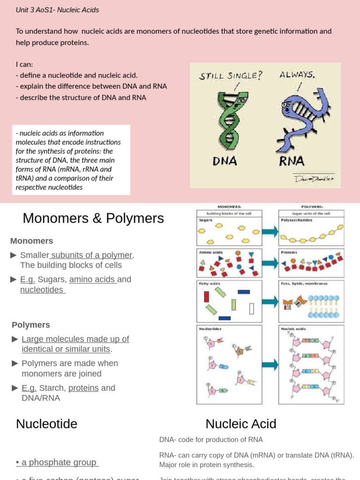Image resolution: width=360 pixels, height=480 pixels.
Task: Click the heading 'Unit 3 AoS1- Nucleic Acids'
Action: [x=57, y=10]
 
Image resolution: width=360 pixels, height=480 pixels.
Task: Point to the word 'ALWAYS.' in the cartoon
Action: [x=297, y=74]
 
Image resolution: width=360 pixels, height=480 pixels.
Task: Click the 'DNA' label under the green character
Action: [x=225, y=161]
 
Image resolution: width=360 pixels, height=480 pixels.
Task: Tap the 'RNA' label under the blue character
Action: [x=292, y=161]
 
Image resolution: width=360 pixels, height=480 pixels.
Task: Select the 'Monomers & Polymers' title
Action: [x=93, y=218]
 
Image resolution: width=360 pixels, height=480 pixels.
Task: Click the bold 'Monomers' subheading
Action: [x=31, y=241]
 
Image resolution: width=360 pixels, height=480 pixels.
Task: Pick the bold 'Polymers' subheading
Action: [x=30, y=325]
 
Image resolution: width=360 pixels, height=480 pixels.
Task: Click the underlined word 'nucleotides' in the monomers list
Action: [x=42, y=290]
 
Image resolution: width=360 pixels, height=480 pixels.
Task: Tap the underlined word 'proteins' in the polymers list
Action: [x=83, y=388]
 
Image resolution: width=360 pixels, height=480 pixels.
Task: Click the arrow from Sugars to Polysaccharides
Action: [x=270, y=231]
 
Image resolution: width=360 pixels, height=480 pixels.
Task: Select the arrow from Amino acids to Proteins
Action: [x=270, y=263]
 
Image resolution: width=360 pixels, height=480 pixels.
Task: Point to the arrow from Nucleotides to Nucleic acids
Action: [x=270, y=364]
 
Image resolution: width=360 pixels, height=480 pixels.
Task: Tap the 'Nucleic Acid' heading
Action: [x=241, y=424]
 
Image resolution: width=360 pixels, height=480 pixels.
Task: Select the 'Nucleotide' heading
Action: [x=46, y=424]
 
